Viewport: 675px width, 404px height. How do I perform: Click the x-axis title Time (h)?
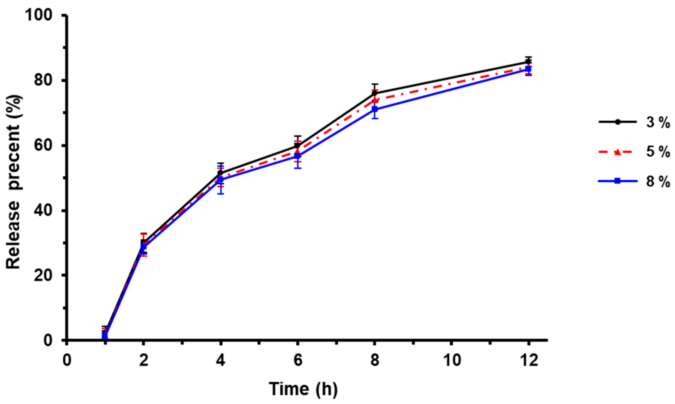[x=303, y=389]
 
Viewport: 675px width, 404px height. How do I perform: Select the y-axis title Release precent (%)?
[x=14, y=182]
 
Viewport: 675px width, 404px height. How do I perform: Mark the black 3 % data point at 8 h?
[x=374, y=93]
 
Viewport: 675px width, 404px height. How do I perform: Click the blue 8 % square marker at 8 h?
[x=374, y=109]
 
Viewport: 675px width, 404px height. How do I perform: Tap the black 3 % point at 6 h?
[x=297, y=146]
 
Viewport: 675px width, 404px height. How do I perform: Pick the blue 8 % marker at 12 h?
[x=528, y=69]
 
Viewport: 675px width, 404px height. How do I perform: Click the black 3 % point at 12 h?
[x=528, y=61]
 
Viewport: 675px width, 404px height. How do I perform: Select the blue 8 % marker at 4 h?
[x=220, y=179]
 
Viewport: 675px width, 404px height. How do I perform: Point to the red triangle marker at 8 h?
[x=374, y=100]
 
